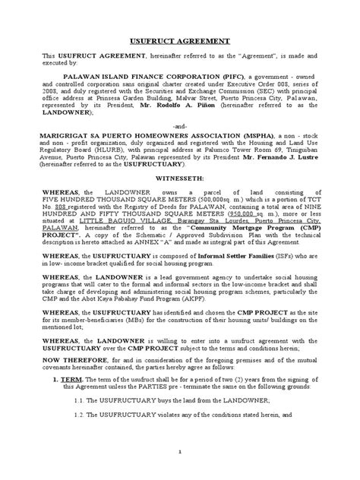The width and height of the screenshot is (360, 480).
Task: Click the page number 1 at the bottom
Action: point(178,472)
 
